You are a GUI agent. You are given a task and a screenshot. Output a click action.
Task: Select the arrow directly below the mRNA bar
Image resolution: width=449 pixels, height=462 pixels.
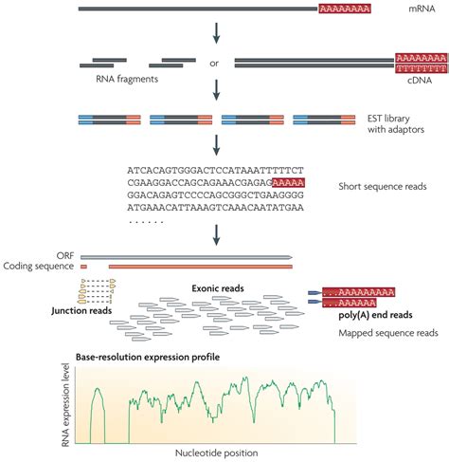pyautogui.click(x=217, y=35)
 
